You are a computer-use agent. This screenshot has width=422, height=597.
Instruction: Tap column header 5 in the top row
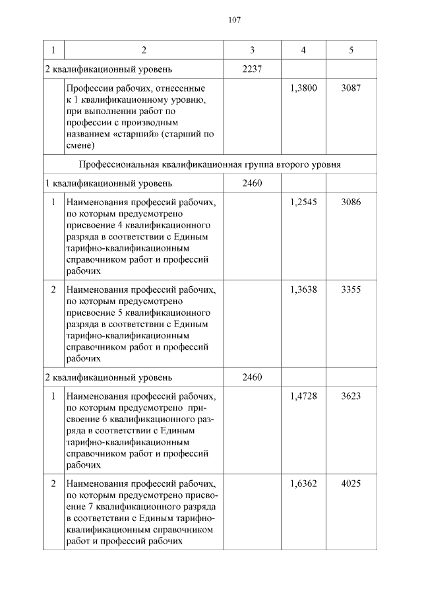pyautogui.click(x=351, y=50)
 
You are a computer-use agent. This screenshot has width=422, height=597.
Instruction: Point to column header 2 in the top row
pyautogui.click(x=144, y=50)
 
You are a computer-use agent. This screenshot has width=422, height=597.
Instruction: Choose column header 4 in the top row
pyautogui.click(x=303, y=50)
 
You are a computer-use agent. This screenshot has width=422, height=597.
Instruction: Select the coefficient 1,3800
pyautogui.click(x=303, y=88)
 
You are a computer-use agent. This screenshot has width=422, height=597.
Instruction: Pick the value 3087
pyautogui.click(x=351, y=88)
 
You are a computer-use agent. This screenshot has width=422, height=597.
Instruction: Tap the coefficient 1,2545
pyautogui.click(x=303, y=202)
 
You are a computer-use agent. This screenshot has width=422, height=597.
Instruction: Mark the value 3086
pyautogui.click(x=351, y=202)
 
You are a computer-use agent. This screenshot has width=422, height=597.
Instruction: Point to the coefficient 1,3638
pyautogui.click(x=303, y=289)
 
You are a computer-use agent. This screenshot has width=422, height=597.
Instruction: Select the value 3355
pyautogui.click(x=351, y=289)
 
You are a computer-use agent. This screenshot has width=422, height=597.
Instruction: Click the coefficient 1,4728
pyautogui.click(x=303, y=396)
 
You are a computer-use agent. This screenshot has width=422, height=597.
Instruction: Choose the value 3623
pyautogui.click(x=351, y=396)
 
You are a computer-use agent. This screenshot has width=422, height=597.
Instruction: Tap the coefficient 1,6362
pyautogui.click(x=303, y=484)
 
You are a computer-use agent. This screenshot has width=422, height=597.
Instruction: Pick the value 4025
pyautogui.click(x=351, y=484)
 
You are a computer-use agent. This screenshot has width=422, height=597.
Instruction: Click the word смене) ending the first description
pyautogui.click(x=80, y=145)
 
